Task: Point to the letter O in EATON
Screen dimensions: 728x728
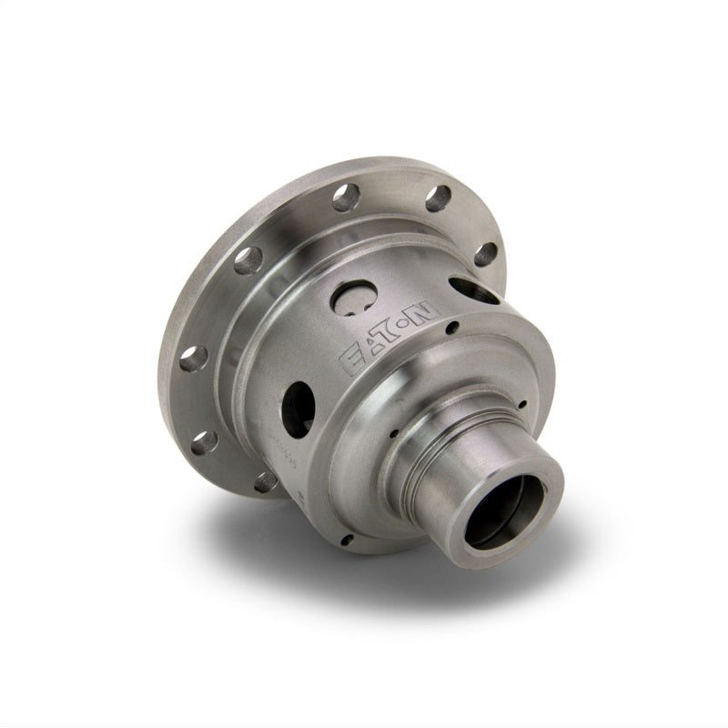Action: pyautogui.click(x=415, y=322)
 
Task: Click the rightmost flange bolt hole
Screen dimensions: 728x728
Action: pyautogui.click(x=485, y=254)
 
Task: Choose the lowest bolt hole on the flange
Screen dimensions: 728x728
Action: pyautogui.click(x=266, y=481)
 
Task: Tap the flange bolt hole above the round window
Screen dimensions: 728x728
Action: pyautogui.click(x=346, y=197)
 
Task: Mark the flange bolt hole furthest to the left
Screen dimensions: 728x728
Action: pyautogui.click(x=192, y=357)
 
